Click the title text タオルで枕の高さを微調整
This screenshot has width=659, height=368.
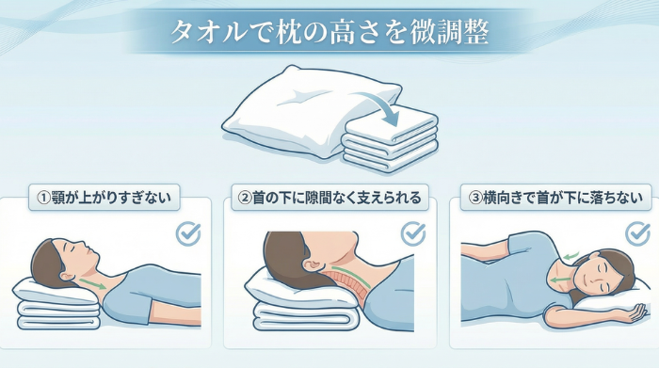coord(329,33)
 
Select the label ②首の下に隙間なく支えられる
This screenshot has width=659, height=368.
coord(329,199)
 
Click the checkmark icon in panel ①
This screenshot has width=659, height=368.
coord(189,233)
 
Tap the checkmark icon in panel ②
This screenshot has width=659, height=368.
coord(413,233)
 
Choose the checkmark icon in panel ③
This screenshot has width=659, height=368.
coord(638,233)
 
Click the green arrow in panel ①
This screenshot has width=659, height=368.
coord(92,280)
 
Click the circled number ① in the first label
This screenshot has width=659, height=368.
coord(42,199)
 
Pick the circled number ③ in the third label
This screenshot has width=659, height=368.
coord(477,199)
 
